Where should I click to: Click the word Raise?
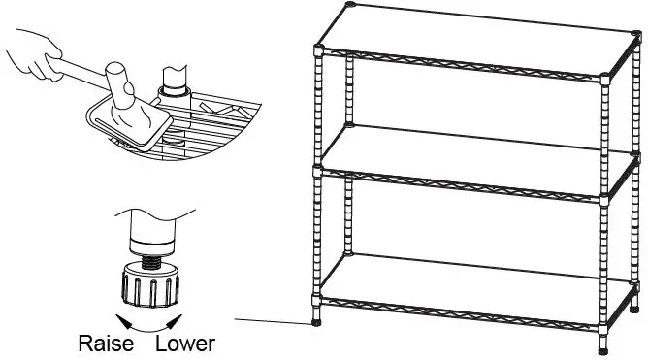tap(106, 344)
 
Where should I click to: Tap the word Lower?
tap(185, 344)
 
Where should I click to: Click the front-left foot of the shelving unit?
tap(319, 321)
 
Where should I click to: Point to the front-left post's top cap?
tap(321, 45)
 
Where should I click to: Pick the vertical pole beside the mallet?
tap(176, 78)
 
